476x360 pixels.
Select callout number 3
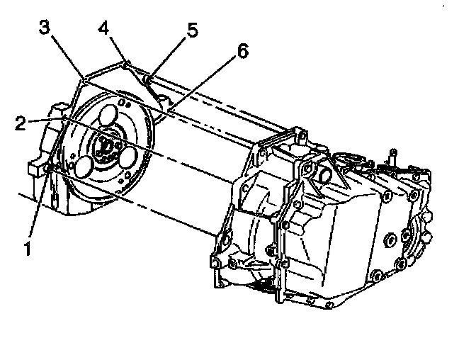tap(45, 29)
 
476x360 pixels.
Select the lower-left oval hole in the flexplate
tap(82, 167)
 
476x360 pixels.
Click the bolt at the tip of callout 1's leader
tap(49, 169)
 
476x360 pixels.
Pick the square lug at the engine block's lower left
tap(33, 169)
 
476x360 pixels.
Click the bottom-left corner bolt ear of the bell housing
tap(215, 263)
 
